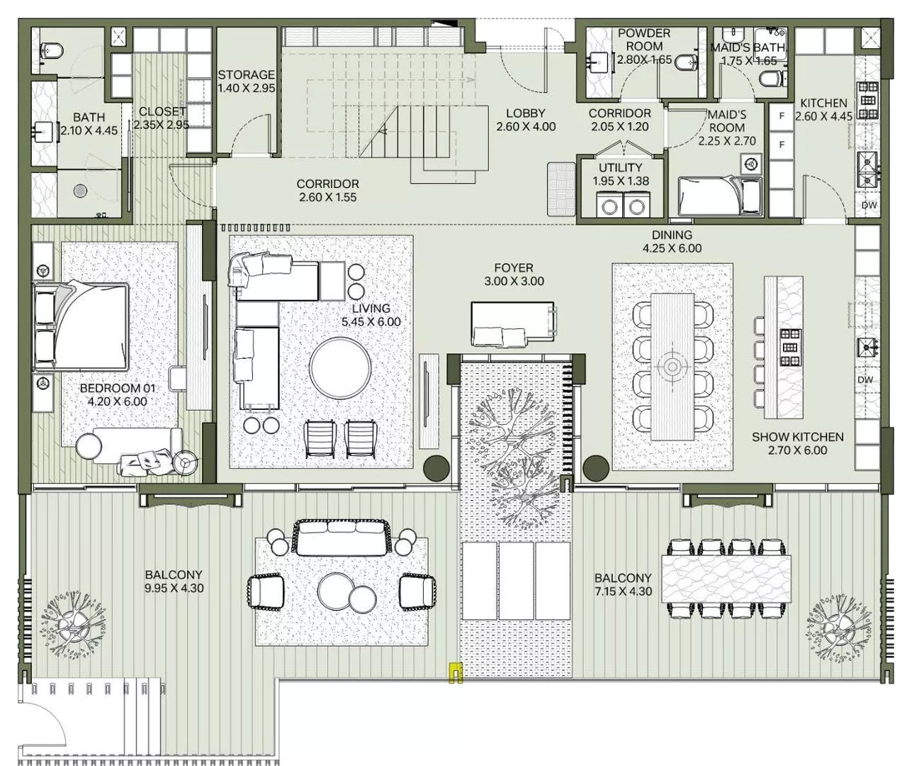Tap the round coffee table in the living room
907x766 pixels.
pyautogui.click(x=339, y=367)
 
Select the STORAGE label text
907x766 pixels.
pyautogui.click(x=246, y=74)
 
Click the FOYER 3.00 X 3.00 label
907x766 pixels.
pyautogui.click(x=514, y=274)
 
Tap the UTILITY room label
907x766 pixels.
pyautogui.click(x=620, y=167)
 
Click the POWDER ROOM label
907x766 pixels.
pyautogui.click(x=643, y=40)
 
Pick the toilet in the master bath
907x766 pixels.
pyautogui.click(x=52, y=50)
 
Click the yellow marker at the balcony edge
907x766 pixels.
pyautogui.click(x=455, y=672)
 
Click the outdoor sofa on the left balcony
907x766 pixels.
pyautogui.click(x=342, y=539)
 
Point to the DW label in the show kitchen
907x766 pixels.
pyautogui.click(x=864, y=380)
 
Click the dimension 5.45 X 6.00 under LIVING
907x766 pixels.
pyautogui.click(x=371, y=321)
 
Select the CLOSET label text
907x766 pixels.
pyautogui.click(x=162, y=111)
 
